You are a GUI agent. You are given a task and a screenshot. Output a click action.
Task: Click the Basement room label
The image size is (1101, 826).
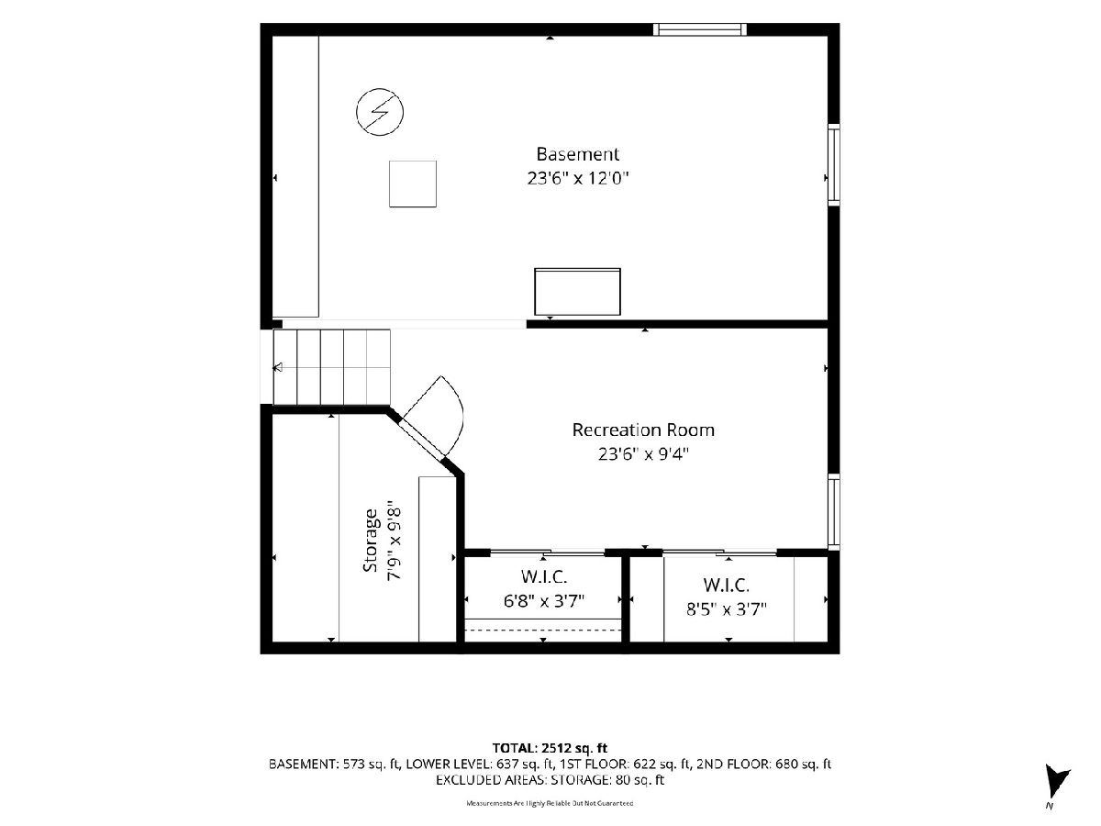pyautogui.click(x=577, y=154)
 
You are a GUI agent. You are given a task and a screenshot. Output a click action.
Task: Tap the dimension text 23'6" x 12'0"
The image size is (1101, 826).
pyautogui.click(x=577, y=178)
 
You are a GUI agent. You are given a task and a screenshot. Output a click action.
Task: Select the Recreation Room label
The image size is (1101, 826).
pyautogui.click(x=643, y=430)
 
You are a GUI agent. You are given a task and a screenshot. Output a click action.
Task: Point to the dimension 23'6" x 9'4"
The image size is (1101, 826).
pyautogui.click(x=643, y=454)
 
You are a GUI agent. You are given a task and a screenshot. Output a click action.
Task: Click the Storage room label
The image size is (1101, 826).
pyautogui.click(x=370, y=541)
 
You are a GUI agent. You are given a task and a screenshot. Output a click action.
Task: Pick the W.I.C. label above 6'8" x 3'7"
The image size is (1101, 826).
pyautogui.click(x=544, y=576)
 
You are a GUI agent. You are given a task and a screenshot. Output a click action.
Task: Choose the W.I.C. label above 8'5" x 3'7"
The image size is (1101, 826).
pyautogui.click(x=727, y=585)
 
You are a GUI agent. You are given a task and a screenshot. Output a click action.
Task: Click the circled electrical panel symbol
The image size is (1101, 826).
pyautogui.click(x=380, y=112)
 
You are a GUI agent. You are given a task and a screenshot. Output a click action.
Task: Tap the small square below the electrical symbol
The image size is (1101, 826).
pyautogui.click(x=413, y=184)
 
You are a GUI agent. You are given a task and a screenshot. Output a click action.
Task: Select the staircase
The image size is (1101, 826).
pyautogui.click(x=331, y=366)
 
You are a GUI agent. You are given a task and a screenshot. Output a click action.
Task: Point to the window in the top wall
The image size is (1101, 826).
pyautogui.click(x=700, y=29)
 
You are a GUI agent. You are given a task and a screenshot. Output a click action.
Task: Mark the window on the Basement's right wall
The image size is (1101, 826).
pyautogui.click(x=833, y=165)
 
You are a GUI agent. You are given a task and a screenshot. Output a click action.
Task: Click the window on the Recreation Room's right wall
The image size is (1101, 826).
pyautogui.click(x=833, y=511)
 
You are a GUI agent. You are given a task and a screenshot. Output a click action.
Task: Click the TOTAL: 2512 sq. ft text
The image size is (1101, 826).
pyautogui.click(x=550, y=748)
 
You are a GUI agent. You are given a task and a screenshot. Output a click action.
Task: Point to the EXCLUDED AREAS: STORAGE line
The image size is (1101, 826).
pyautogui.click(x=550, y=780)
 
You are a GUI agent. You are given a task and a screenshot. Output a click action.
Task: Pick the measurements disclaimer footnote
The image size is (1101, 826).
pyautogui.click(x=550, y=803)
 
